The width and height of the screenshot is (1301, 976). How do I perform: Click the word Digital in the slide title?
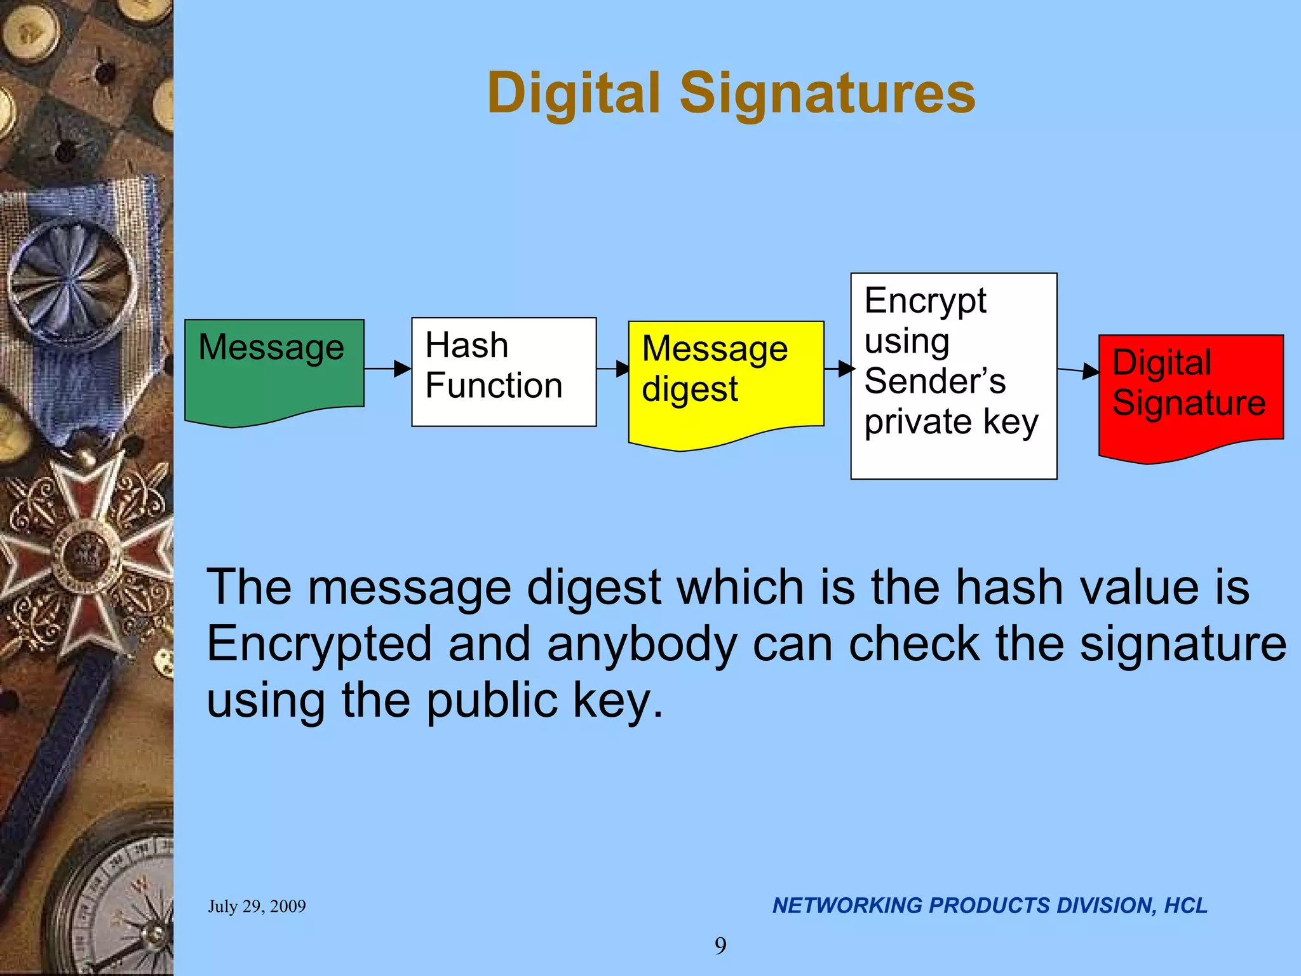click(x=574, y=93)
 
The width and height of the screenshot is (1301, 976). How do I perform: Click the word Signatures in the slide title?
click(x=827, y=93)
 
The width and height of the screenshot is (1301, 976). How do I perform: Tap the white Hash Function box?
click(x=504, y=372)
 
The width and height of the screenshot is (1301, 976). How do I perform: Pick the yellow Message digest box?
click(x=725, y=381)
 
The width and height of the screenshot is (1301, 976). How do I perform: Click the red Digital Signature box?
click(x=1191, y=394)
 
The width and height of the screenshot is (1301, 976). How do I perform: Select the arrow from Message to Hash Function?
click(x=388, y=369)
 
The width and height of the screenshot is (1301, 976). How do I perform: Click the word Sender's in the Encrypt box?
click(x=934, y=381)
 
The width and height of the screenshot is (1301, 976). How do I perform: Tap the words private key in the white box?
click(x=951, y=422)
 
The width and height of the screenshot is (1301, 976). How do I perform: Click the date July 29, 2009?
click(x=257, y=906)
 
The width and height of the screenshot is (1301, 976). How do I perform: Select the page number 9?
click(x=720, y=946)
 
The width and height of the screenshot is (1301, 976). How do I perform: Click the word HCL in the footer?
click(x=1185, y=905)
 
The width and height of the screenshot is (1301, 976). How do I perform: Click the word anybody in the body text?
click(x=642, y=644)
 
